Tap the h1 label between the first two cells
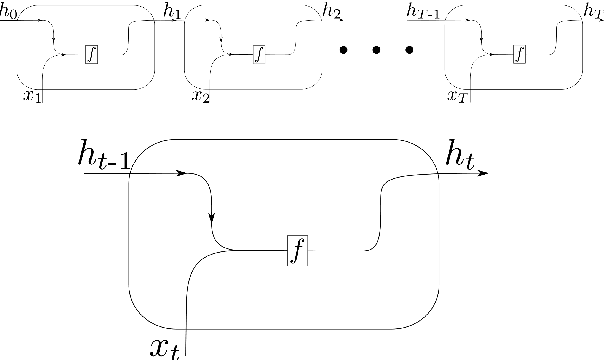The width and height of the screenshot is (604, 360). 172,13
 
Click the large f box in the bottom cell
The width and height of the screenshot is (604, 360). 297,248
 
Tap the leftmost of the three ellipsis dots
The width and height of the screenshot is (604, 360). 343,51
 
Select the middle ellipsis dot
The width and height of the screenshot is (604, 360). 376,51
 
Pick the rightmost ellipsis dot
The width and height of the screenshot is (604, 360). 409,51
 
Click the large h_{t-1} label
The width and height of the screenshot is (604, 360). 104,155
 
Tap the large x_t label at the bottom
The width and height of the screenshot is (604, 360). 165,347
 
